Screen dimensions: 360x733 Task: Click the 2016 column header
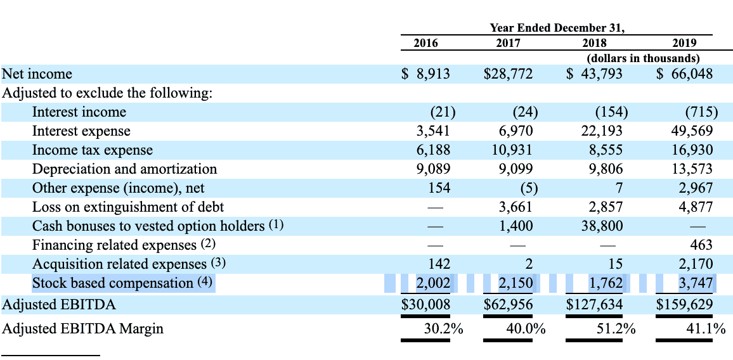(x=425, y=43)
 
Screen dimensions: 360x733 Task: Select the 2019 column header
(x=684, y=43)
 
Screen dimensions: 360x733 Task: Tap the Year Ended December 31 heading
(x=557, y=28)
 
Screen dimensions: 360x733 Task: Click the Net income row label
(x=37, y=74)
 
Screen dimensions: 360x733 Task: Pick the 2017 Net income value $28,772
(x=508, y=74)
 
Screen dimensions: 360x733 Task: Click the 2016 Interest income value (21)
(x=443, y=112)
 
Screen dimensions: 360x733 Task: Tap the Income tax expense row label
(x=93, y=150)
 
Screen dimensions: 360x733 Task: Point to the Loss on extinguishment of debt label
(x=128, y=207)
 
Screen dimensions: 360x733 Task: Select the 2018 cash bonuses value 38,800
(x=602, y=226)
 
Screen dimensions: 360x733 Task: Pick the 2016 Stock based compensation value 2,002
(x=433, y=283)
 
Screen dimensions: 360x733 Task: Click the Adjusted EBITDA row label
(x=60, y=305)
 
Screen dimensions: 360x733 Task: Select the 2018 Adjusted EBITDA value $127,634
(x=594, y=305)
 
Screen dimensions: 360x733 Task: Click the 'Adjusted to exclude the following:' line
(x=107, y=93)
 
